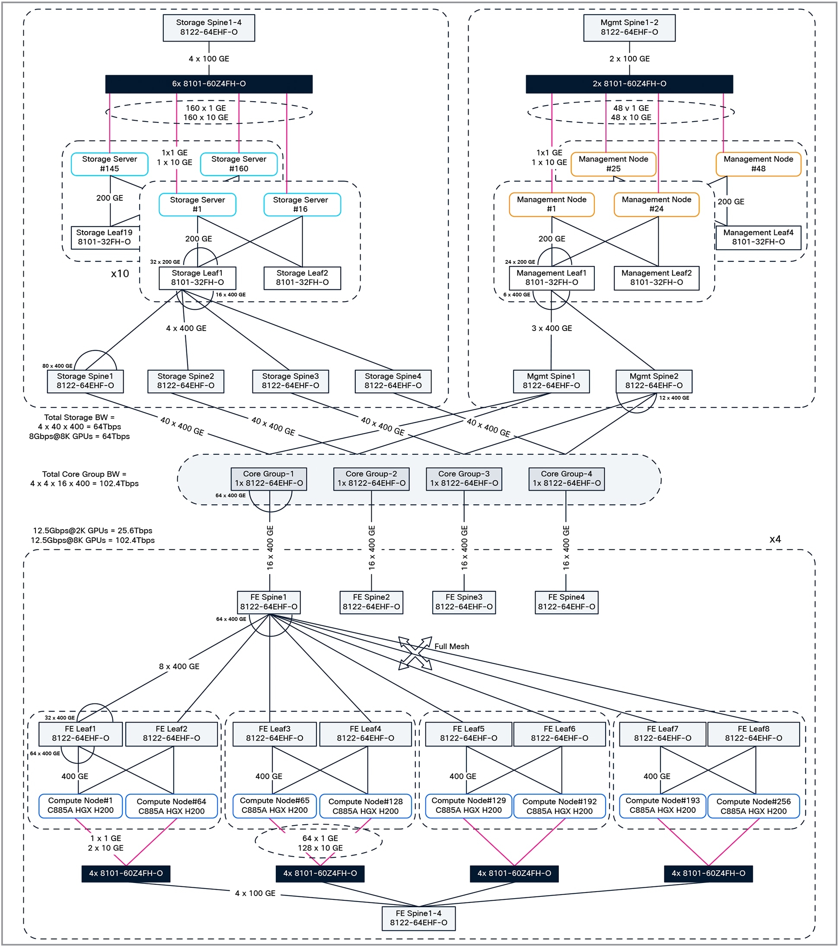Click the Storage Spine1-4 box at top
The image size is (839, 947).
209,27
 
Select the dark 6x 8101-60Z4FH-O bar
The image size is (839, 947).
209,84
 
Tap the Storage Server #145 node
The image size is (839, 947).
110,164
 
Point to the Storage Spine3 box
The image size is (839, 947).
290,381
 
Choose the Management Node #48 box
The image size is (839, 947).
758,164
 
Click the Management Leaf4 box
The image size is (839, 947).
758,237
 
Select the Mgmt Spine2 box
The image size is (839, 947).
654,381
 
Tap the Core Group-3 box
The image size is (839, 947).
464,478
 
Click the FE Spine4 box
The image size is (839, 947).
566,602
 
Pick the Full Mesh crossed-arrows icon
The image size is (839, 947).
415,653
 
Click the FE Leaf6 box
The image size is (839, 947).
559,734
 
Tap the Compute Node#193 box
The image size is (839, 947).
662,806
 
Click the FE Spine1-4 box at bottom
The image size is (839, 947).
418,918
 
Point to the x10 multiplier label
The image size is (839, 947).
120,273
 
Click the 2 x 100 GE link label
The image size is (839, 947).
629,59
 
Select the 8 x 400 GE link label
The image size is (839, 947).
179,667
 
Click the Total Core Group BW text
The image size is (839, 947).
84,478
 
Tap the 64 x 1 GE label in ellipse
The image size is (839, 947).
320,838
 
